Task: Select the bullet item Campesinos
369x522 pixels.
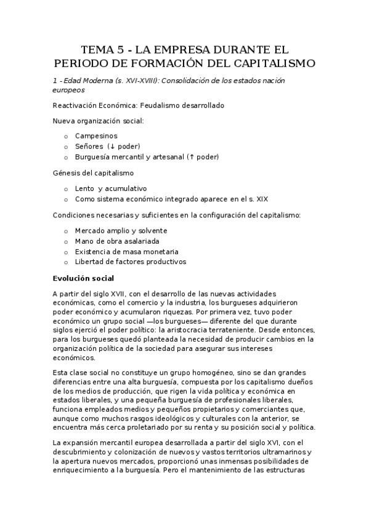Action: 96,135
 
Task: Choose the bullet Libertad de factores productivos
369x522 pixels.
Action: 130,262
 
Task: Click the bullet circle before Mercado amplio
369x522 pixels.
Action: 66,230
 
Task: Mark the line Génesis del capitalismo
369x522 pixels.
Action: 93,173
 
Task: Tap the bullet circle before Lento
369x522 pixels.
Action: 66,188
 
